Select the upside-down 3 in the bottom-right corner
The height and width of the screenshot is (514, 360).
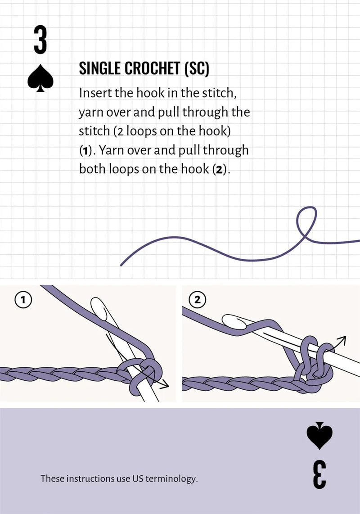point(319,474)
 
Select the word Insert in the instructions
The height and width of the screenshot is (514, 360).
point(94,93)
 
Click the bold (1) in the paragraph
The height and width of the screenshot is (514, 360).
point(85,150)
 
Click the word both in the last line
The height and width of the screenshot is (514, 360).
point(91,169)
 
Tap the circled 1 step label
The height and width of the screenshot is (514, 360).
point(22,299)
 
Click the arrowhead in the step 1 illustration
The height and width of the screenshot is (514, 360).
point(165,385)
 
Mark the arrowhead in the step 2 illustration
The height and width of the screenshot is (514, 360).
point(342,340)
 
